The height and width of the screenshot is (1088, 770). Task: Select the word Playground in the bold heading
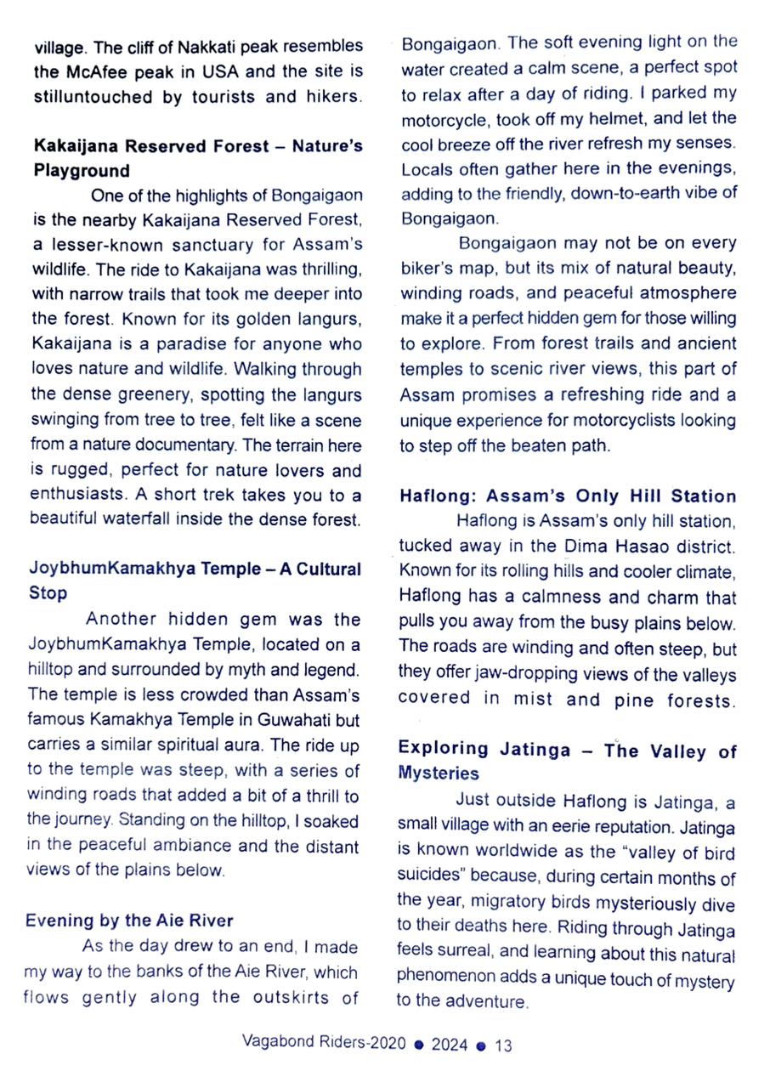tap(82, 170)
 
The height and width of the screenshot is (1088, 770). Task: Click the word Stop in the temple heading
tap(48, 592)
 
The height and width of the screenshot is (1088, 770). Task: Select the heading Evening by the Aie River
tap(129, 920)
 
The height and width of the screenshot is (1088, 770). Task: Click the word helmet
tap(626, 117)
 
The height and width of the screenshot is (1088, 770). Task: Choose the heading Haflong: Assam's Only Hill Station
tap(568, 496)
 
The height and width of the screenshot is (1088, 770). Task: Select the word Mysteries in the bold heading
tap(439, 773)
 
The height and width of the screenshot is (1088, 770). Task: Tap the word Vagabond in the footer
tap(275, 1042)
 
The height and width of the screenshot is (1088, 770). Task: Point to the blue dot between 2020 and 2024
tap(417, 1045)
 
